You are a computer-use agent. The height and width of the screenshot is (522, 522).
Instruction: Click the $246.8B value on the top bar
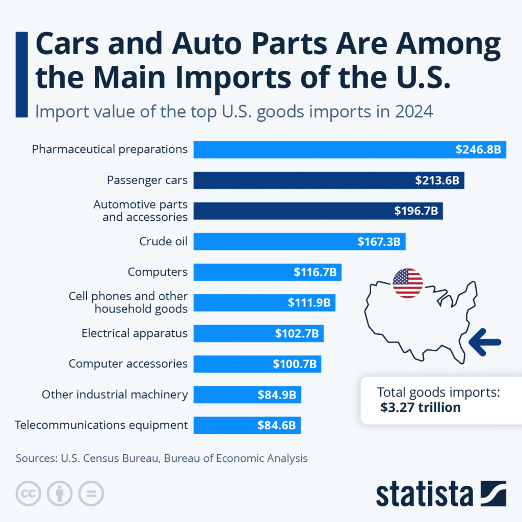tap(478, 150)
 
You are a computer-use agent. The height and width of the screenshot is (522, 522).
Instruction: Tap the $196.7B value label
tap(416, 211)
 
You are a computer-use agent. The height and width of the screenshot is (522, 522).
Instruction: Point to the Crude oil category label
tap(163, 241)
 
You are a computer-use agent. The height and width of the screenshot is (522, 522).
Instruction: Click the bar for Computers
tap(240, 272)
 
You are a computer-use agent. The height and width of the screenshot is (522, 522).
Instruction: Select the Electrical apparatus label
tap(135, 333)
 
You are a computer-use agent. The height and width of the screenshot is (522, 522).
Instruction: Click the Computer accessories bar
tap(229, 364)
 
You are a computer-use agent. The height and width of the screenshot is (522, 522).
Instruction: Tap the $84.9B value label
tap(277, 395)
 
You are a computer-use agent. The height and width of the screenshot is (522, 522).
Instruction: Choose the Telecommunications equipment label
tap(101, 425)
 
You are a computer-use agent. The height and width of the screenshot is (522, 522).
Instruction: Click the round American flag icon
tap(407, 283)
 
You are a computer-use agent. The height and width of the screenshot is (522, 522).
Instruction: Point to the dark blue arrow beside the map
tap(484, 342)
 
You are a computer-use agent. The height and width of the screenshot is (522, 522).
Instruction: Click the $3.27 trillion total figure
tap(421, 407)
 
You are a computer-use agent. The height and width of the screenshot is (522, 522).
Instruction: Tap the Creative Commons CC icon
tap(29, 493)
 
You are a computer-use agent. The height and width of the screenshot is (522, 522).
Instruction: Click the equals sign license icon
tap(91, 493)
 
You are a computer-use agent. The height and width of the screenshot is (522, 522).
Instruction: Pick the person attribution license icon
tap(60, 493)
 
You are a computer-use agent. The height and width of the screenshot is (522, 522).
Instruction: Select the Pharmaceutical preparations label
tap(110, 149)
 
